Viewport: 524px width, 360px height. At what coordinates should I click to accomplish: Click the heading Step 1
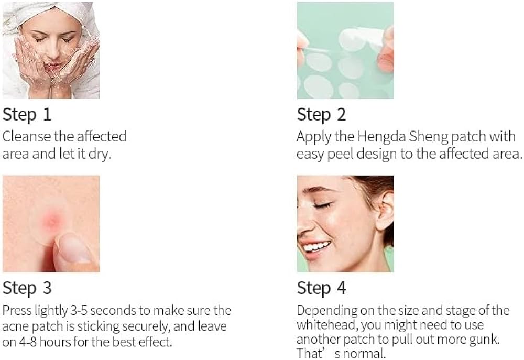tap(27, 115)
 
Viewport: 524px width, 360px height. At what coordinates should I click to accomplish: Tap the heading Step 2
tap(321, 115)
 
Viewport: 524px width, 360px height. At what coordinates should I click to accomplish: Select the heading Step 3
tap(27, 288)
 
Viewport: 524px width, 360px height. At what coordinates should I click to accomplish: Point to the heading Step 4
tap(321, 288)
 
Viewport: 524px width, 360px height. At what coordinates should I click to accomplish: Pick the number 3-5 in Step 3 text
tap(79, 311)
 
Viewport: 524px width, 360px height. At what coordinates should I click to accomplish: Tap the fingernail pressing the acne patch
tap(75, 247)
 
